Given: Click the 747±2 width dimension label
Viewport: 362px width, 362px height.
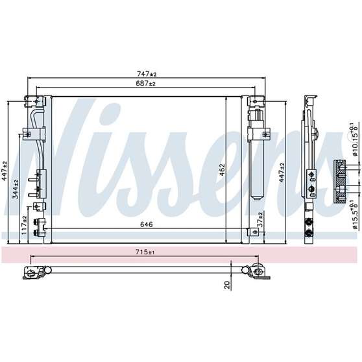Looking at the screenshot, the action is [x=147, y=74].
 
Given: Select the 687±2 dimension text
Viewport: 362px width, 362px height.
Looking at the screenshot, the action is [x=145, y=83].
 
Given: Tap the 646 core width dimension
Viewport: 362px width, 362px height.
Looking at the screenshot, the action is [x=147, y=224].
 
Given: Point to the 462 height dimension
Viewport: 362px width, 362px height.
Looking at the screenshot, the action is [x=222, y=170].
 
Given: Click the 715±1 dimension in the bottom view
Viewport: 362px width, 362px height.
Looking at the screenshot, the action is [x=145, y=252].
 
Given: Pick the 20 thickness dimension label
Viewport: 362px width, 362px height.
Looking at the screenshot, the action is [x=228, y=285].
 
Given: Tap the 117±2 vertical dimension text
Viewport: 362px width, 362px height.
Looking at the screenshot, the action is [x=24, y=225].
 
